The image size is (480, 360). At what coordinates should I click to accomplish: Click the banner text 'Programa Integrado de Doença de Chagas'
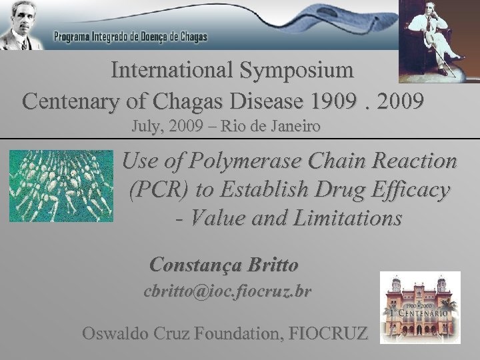click(x=131, y=37)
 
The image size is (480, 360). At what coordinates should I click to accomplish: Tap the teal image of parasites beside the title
click(x=61, y=185)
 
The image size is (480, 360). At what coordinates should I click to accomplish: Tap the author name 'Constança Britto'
click(x=225, y=265)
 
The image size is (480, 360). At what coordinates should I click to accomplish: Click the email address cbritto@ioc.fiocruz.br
click(x=228, y=292)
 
